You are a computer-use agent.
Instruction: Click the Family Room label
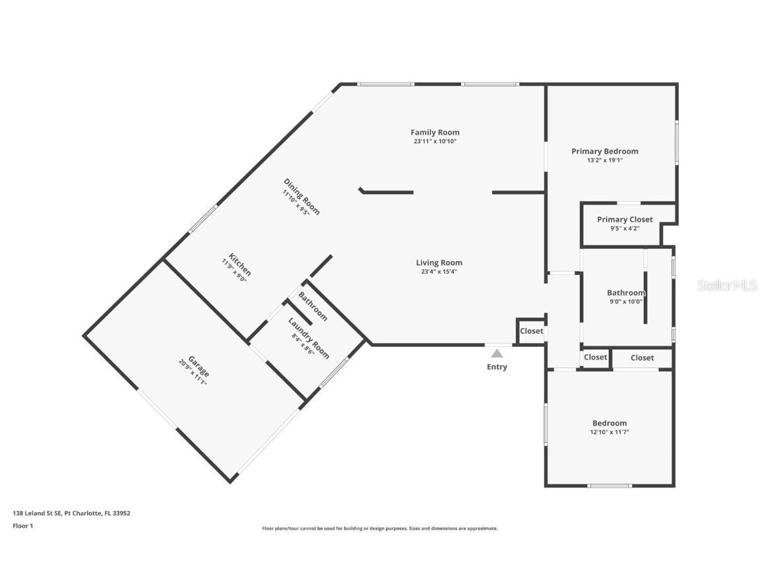point(435,132)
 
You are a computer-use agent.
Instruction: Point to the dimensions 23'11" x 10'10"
point(435,141)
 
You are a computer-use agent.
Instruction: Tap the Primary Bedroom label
point(604,151)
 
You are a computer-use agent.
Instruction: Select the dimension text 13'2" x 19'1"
point(604,160)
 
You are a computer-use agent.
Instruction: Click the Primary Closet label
point(625,220)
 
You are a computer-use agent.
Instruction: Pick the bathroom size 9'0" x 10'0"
point(625,301)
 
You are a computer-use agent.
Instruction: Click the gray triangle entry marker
point(497,354)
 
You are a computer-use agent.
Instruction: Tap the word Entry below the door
point(497,367)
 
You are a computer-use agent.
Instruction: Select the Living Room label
point(439,263)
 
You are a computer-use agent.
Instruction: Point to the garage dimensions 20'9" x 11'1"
point(192,373)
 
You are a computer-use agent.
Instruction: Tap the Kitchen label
point(240,265)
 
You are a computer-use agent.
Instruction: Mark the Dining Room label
point(301,196)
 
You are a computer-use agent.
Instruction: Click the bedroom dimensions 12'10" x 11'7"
point(609,432)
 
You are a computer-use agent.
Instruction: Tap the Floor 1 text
point(22,526)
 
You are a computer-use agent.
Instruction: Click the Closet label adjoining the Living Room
point(531,331)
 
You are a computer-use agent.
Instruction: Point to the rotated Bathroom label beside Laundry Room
point(313,306)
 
